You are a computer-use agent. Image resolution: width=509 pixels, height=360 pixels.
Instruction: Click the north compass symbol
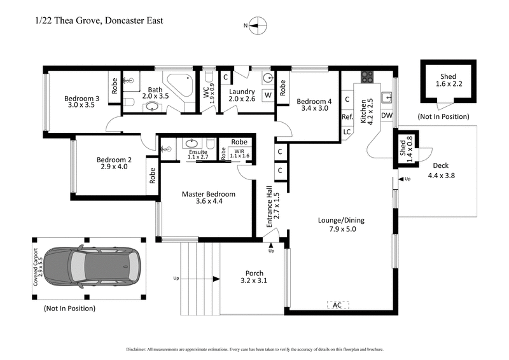click(256, 26)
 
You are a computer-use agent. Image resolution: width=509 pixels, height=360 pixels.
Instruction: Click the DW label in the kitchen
click(386, 116)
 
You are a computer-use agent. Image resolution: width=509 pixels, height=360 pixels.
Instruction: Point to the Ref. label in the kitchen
click(347, 116)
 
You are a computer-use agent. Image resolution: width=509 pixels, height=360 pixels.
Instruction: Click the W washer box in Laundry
click(268, 95)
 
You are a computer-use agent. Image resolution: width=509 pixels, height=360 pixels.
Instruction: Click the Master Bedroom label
click(208, 194)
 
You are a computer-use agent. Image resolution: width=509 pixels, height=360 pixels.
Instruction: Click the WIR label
click(239, 151)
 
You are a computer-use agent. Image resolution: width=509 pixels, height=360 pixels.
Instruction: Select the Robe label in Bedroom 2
click(151, 175)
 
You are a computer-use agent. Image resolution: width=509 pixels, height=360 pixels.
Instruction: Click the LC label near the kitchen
click(347, 132)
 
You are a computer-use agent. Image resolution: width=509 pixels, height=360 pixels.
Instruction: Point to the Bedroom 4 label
click(314, 101)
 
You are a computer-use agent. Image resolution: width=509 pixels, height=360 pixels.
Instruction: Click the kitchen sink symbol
click(386, 97)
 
